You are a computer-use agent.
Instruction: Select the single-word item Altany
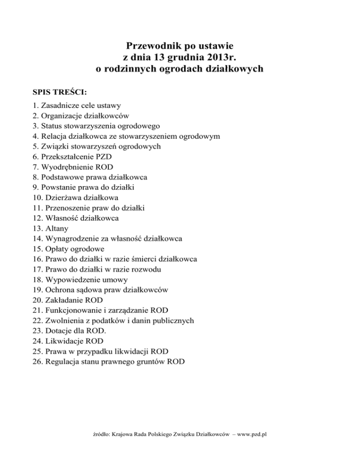click(57, 228)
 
